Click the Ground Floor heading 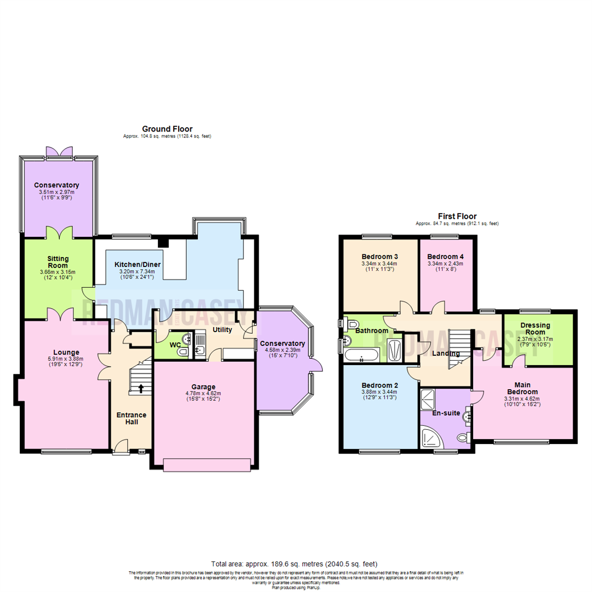click(x=167, y=129)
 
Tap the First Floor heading click(x=457, y=216)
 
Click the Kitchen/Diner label click(x=137, y=265)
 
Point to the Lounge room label click(x=66, y=352)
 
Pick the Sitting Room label click(x=57, y=261)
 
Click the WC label click(x=175, y=345)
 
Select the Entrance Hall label click(x=131, y=418)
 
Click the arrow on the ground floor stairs click(x=141, y=389)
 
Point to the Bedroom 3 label click(x=379, y=257)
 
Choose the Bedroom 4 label click(x=445, y=257)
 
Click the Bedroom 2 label click(x=379, y=385)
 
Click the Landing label click(x=446, y=353)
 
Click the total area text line click(x=295, y=563)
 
